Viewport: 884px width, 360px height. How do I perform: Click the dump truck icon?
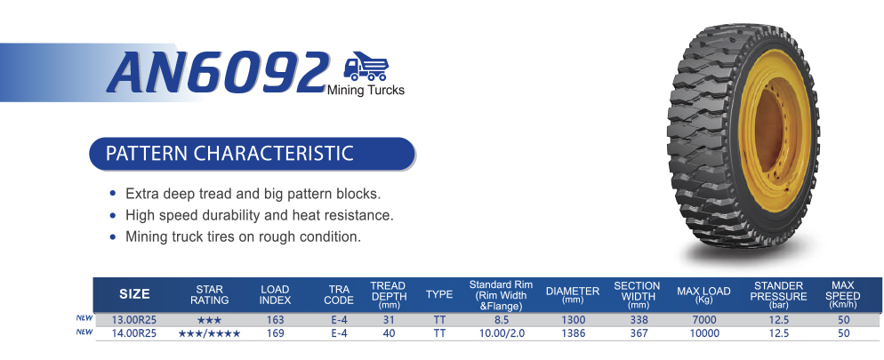tap(366, 67)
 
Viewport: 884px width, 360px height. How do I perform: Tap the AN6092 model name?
tap(218, 72)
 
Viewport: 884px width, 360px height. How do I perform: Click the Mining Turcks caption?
tap(366, 90)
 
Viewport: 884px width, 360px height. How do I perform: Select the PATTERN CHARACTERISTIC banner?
tap(252, 153)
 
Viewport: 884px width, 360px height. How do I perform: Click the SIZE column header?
tap(135, 294)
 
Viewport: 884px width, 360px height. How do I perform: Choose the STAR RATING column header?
tap(209, 294)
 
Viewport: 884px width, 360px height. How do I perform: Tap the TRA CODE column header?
tap(338, 294)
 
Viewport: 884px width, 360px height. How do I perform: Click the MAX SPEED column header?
tap(843, 294)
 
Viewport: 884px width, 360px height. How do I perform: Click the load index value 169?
tap(275, 333)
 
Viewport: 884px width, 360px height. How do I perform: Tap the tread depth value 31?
tap(389, 320)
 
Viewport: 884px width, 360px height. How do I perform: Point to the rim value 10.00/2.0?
tap(501, 333)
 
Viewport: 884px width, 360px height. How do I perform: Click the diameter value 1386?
tap(574, 333)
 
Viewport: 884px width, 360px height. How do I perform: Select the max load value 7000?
tap(704, 320)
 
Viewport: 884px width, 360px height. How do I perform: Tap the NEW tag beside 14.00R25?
tap(84, 332)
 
